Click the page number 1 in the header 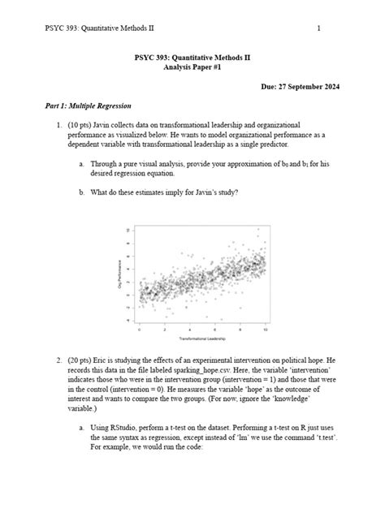click(319, 29)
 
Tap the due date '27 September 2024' click(303, 86)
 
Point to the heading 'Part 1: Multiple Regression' click(88, 106)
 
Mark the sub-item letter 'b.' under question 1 click(82, 192)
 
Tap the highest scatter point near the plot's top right click(259, 230)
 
